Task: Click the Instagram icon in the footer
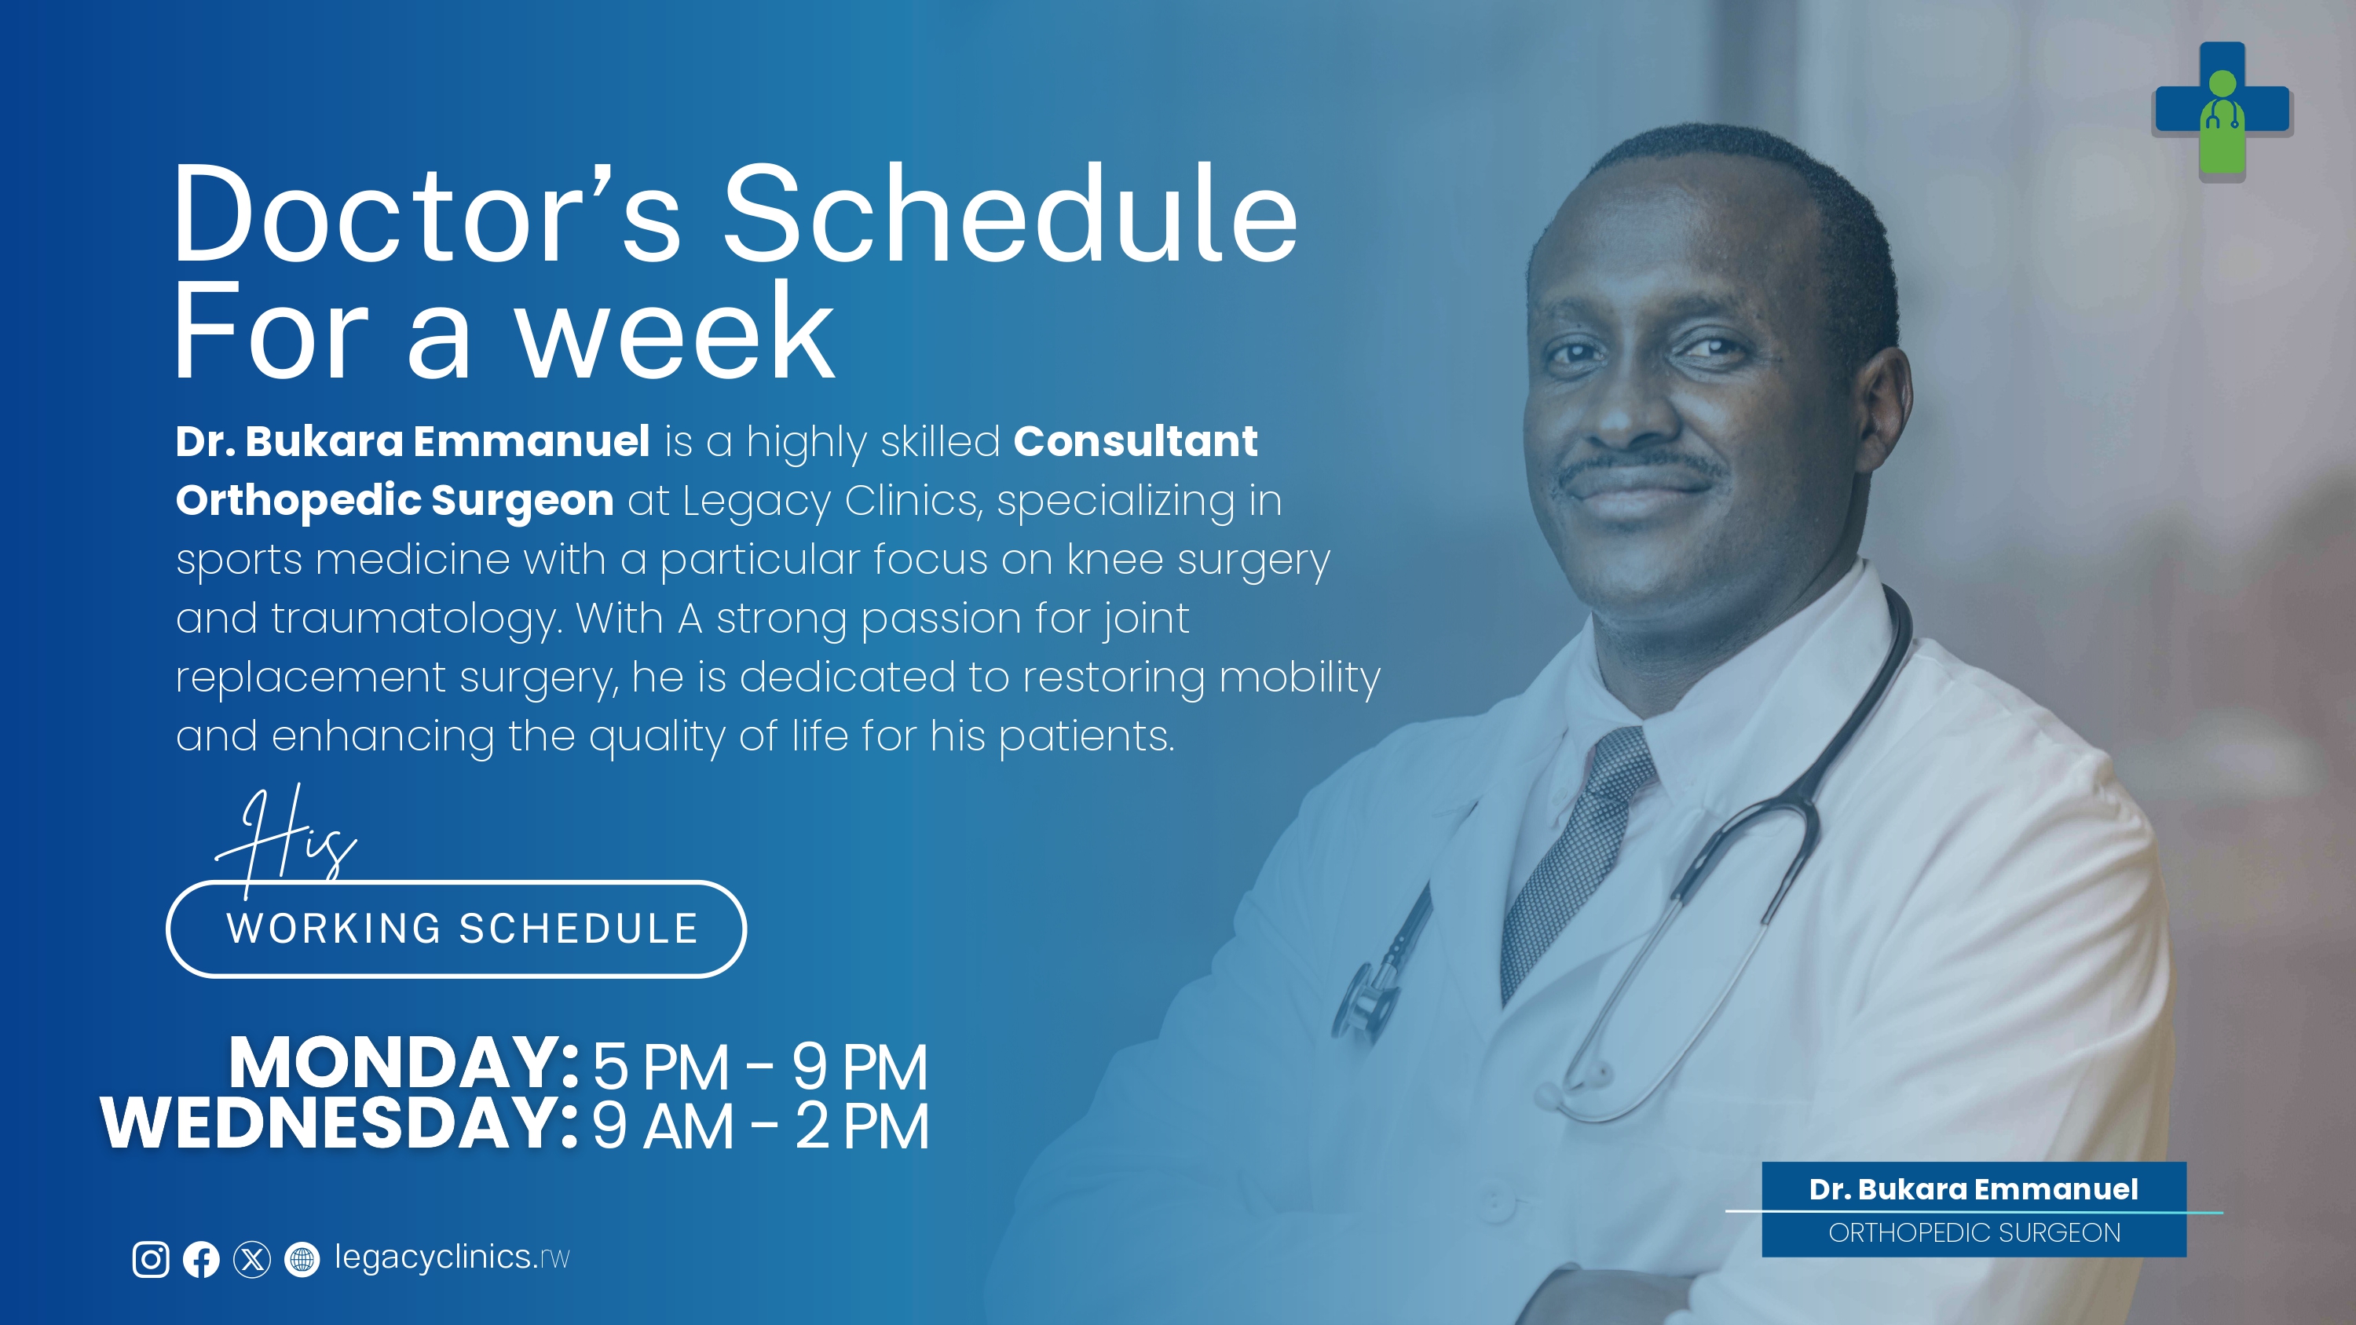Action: pos(151,1259)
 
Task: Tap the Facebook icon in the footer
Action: pos(201,1259)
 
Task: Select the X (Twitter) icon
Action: pos(251,1259)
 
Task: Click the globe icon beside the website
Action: pos(302,1259)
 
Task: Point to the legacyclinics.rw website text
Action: pos(452,1258)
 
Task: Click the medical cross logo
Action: pos(2222,111)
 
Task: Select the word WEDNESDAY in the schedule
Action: pos(339,1123)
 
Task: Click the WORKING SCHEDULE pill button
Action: pos(456,929)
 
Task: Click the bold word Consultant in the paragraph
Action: pos(1136,442)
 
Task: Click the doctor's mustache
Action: pos(1641,466)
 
